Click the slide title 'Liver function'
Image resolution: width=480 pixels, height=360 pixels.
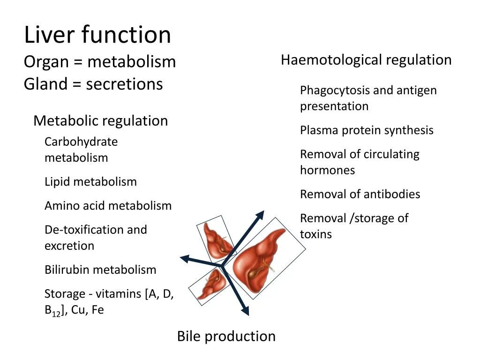(97, 35)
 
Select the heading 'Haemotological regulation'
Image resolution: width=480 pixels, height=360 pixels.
(366, 60)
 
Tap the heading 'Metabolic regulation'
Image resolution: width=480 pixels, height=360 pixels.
(100, 121)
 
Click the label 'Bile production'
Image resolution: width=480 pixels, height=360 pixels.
(226, 336)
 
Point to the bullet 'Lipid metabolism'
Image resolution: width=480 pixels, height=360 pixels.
(90, 182)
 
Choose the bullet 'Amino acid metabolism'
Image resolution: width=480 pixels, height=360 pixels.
(108, 206)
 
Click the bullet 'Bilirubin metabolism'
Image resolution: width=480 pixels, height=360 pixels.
(100, 270)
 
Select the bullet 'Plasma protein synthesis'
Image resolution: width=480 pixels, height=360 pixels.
(367, 130)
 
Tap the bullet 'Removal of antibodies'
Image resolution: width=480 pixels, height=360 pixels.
(360, 194)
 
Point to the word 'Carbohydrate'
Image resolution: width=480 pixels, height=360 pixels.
(81, 142)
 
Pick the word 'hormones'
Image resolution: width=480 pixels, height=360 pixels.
(327, 170)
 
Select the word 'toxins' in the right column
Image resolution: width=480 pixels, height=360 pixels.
(315, 234)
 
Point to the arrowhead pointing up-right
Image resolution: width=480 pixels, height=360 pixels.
(259, 216)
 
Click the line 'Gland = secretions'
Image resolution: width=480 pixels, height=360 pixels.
(93, 84)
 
